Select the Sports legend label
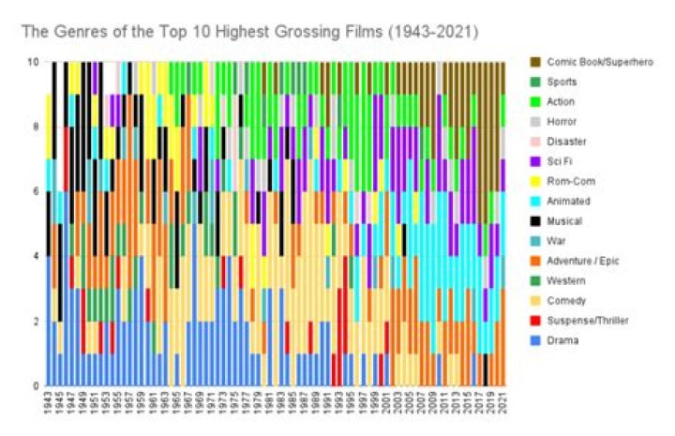[562, 83]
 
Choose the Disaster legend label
[564, 142]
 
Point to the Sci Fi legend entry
[560, 161]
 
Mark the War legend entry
[556, 241]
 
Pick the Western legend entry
[565, 280]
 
